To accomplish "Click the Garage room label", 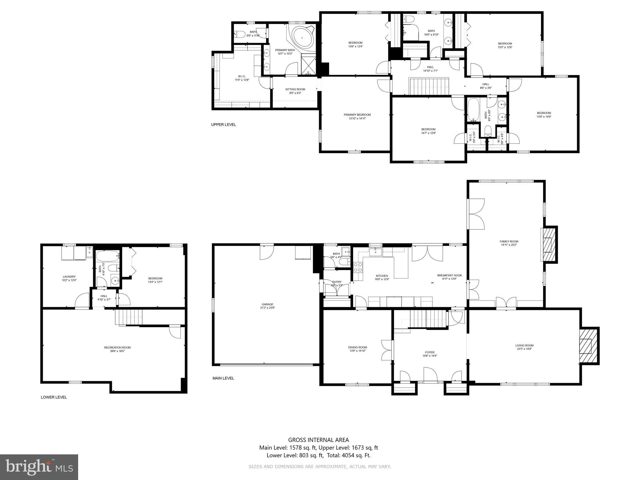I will coord(267,304).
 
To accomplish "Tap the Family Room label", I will coord(509,241).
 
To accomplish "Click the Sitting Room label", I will coord(295,89).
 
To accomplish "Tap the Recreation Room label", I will coord(117,347).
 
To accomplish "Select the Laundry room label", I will coord(69,277).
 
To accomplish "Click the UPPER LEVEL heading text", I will coord(223,125).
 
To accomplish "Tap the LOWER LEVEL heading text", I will coord(54,397).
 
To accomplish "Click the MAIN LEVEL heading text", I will coord(223,378).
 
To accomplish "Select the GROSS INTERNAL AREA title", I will coord(318,440).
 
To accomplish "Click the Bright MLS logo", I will coord(39,467).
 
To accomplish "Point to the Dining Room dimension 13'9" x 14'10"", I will coord(357,351).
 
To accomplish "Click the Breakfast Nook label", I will coord(449,275).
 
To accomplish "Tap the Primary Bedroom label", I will coord(357,115).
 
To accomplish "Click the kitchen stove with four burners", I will coord(358,267).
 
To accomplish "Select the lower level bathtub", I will coord(108,257).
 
